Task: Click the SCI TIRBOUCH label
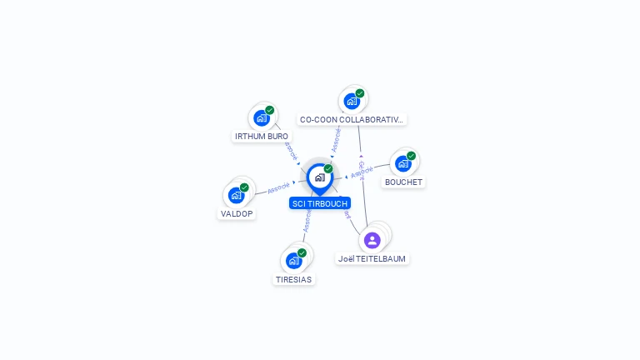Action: [x=320, y=203]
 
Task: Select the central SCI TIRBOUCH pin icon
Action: [x=319, y=177]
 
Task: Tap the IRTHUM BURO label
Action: [x=262, y=136]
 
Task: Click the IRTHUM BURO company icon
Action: [x=262, y=118]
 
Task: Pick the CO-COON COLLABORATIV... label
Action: [x=352, y=119]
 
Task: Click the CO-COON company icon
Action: [x=352, y=101]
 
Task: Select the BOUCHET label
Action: [x=403, y=182]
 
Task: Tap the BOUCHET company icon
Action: [x=403, y=164]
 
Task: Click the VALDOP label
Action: [x=237, y=213]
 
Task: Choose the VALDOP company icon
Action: [x=237, y=196]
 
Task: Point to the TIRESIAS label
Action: [x=293, y=279]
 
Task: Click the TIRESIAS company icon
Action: [x=293, y=261]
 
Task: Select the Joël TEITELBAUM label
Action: [x=372, y=258]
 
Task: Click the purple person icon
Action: [x=372, y=240]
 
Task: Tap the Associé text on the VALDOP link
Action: [x=278, y=187]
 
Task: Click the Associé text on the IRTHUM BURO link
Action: [x=290, y=151]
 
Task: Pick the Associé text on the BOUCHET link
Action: [x=362, y=172]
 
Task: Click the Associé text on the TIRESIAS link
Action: [x=307, y=221]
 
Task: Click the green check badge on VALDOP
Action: [x=244, y=187]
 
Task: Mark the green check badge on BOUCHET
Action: [x=411, y=156]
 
